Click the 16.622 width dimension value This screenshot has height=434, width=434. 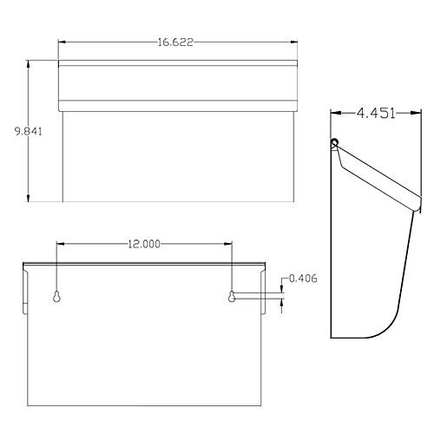click(x=175, y=43)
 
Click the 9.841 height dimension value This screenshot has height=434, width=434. click(x=29, y=131)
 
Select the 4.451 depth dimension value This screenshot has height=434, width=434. click(x=376, y=113)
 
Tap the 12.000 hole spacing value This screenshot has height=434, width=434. click(x=144, y=244)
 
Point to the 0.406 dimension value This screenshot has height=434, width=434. click(x=303, y=279)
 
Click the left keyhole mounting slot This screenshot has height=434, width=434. click(x=56, y=296)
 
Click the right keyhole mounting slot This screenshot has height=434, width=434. click(x=232, y=296)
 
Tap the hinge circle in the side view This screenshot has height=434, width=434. click(x=334, y=142)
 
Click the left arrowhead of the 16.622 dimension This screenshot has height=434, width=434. click(x=62, y=43)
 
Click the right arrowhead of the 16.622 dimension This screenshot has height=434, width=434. click(x=293, y=43)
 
